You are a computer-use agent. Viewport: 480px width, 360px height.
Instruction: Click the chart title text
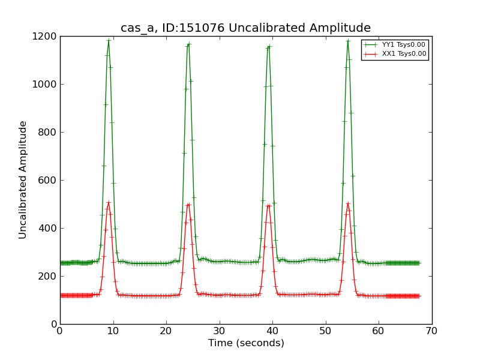coord(245,28)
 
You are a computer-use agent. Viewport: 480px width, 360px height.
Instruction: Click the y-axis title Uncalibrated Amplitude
coord(23,179)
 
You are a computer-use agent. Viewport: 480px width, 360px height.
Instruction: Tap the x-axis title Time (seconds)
coord(246,343)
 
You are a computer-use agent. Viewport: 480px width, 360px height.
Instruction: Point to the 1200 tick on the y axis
coord(46,36)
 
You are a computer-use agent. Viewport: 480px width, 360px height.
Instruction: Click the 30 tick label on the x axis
coord(219,331)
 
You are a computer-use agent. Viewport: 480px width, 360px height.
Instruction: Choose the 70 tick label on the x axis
coord(431,331)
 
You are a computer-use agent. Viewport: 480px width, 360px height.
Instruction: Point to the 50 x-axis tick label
coord(325,331)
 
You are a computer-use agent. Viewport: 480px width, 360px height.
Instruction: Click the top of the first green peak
coord(109,40)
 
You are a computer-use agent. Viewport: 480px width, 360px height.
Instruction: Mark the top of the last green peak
coord(348,41)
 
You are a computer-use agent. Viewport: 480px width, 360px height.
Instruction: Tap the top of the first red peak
coord(109,202)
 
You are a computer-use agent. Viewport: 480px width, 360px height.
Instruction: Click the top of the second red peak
coord(188,204)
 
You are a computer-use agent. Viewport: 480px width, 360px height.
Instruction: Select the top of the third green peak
coord(268,46)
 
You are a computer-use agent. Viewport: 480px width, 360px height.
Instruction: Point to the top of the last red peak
coord(348,203)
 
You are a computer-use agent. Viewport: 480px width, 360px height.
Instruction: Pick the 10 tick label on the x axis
coord(113,331)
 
